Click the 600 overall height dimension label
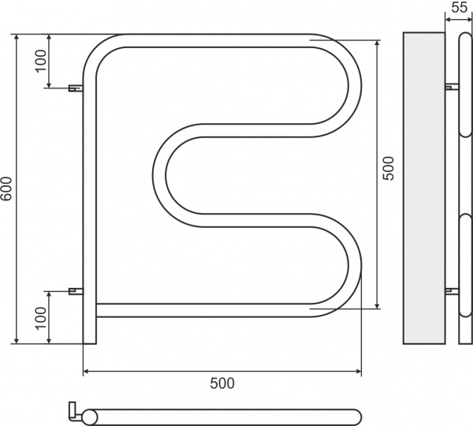6,189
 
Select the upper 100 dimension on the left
41,61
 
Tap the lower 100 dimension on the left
41,317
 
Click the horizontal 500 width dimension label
222,383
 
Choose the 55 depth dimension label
457,9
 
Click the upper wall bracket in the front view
76,88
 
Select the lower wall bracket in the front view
76,291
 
